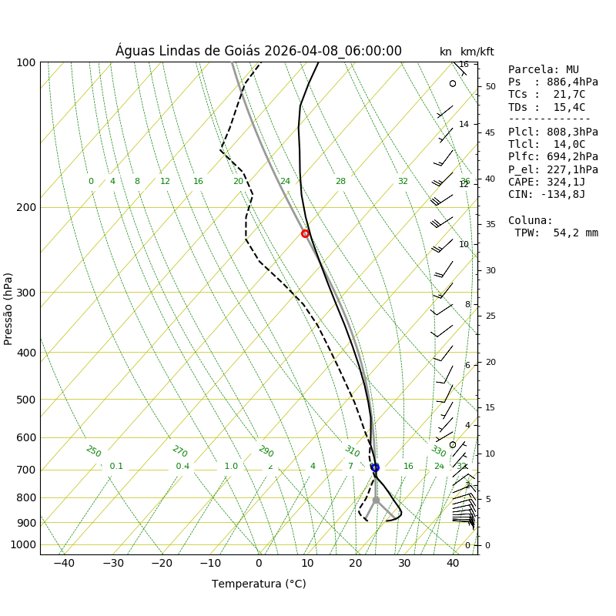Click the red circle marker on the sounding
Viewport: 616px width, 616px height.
tap(305, 233)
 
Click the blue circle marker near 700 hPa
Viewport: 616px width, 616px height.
tap(375, 467)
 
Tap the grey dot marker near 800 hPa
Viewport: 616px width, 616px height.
tap(376, 500)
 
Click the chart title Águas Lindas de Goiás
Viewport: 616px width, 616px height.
tap(258, 51)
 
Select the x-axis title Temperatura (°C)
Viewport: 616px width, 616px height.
tap(259, 584)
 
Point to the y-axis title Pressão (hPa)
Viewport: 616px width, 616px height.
tap(9, 308)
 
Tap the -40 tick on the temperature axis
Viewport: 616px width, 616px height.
tap(64, 563)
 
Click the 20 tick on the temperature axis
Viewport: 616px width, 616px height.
tap(356, 563)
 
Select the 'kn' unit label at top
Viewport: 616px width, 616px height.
tap(446, 52)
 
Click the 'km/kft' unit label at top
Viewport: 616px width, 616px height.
tap(477, 52)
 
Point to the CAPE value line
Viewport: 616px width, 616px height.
tap(547, 182)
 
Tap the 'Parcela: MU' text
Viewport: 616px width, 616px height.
tap(544, 69)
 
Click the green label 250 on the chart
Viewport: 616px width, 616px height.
tap(93, 451)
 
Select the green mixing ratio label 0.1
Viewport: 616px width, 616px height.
tap(116, 466)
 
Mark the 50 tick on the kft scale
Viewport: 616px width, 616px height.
tap(490, 86)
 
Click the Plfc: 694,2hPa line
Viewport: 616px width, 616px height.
tap(553, 157)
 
